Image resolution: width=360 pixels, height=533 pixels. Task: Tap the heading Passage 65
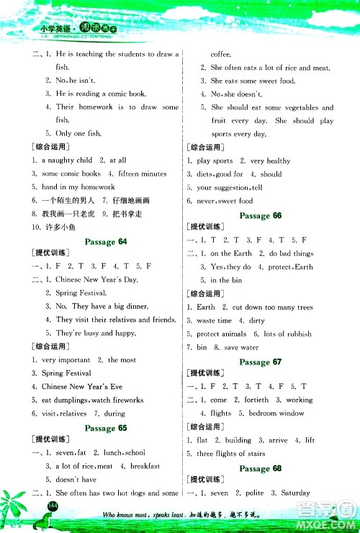pos(106,428)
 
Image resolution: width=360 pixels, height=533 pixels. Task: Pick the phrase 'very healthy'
pos(269,161)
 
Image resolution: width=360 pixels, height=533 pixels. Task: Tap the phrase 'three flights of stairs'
pos(231,454)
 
